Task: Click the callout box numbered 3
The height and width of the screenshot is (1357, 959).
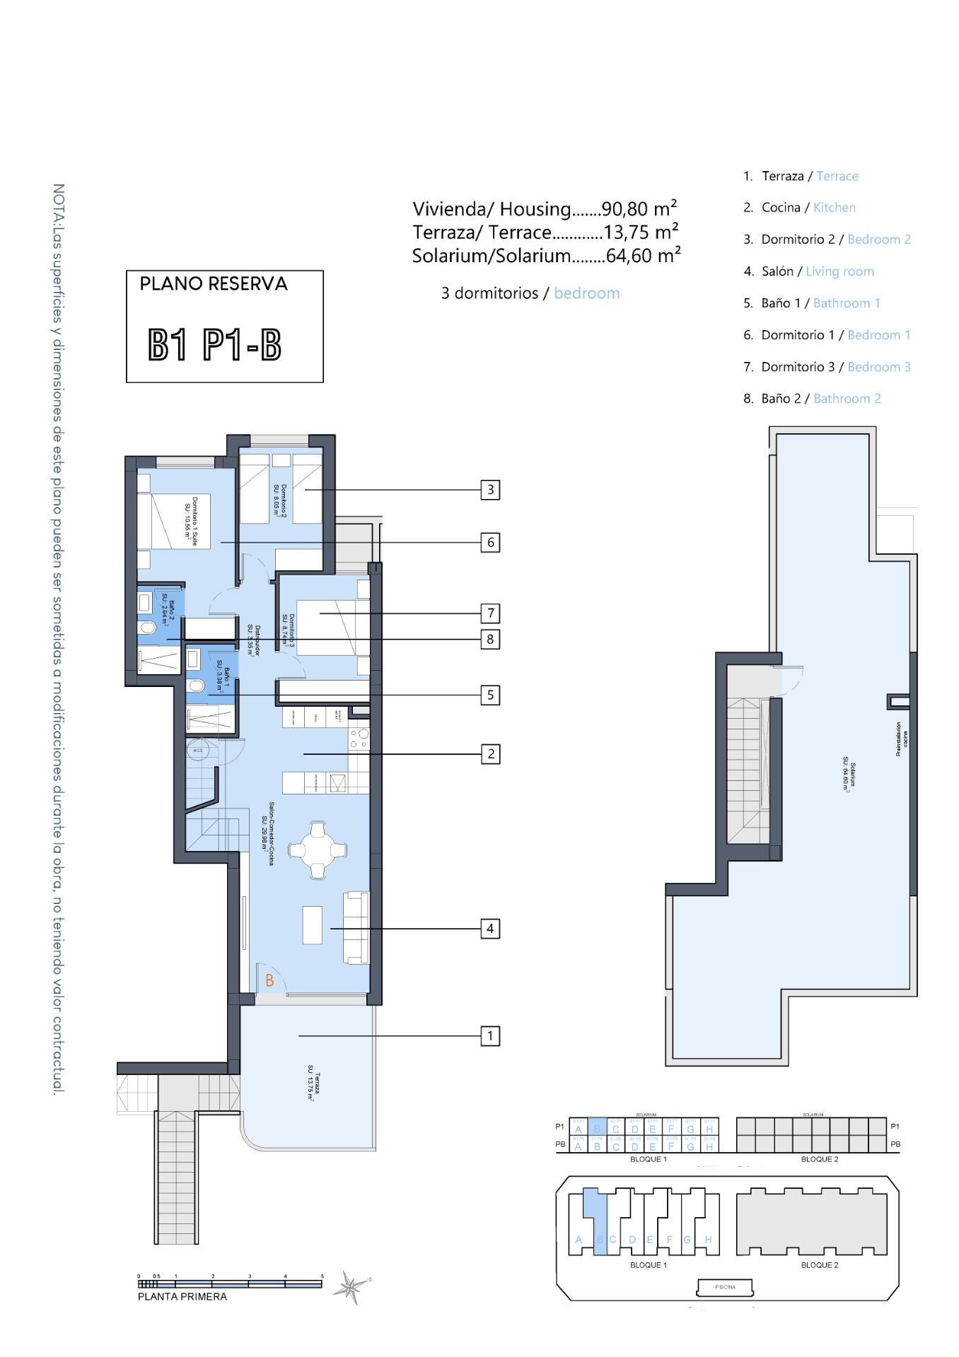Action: (490, 490)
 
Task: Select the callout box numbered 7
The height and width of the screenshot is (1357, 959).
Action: (490, 613)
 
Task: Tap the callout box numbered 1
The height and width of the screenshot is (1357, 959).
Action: (490, 1036)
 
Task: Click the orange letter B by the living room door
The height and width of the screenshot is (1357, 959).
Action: (269, 981)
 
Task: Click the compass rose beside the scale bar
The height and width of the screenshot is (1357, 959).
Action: (349, 1287)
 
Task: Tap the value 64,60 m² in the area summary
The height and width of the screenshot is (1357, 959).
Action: (643, 256)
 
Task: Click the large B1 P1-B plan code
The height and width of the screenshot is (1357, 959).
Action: (215, 346)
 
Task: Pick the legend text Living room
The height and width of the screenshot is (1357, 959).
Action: (839, 271)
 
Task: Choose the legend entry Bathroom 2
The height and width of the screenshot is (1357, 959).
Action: (847, 399)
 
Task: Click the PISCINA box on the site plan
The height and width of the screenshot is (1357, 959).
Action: (725, 1287)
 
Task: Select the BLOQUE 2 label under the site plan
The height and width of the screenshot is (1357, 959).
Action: (819, 1265)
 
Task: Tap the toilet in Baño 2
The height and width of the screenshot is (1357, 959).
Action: (148, 628)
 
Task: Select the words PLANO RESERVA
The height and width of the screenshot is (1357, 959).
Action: (214, 284)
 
